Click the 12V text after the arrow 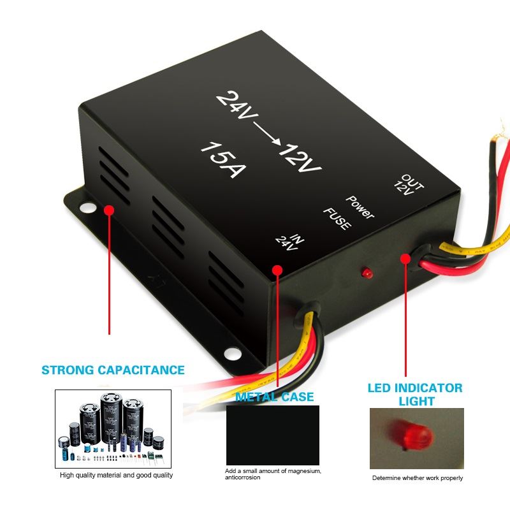298,159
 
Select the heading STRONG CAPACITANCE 113,370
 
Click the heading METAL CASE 275,397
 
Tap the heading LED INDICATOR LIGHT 415,394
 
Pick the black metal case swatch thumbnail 273,435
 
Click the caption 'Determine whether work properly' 418,478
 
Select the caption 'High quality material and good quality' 116,475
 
